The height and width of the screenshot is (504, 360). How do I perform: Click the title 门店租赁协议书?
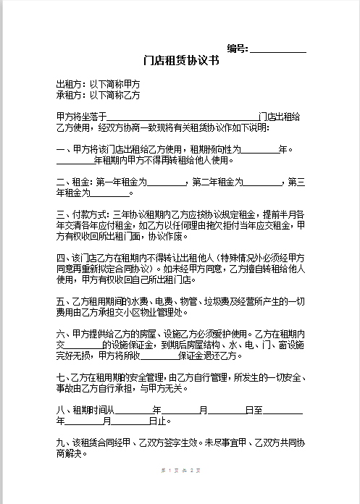pos(181,62)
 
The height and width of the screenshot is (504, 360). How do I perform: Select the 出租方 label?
pos(69,84)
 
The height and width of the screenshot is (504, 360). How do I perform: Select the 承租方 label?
pos(69,95)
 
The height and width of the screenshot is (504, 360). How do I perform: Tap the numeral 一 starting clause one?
pos(60,149)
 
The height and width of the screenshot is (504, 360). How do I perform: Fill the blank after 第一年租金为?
pos(167,182)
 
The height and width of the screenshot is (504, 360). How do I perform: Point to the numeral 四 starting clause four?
pos(60,257)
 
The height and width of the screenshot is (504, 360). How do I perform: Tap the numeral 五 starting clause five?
pos(60,301)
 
